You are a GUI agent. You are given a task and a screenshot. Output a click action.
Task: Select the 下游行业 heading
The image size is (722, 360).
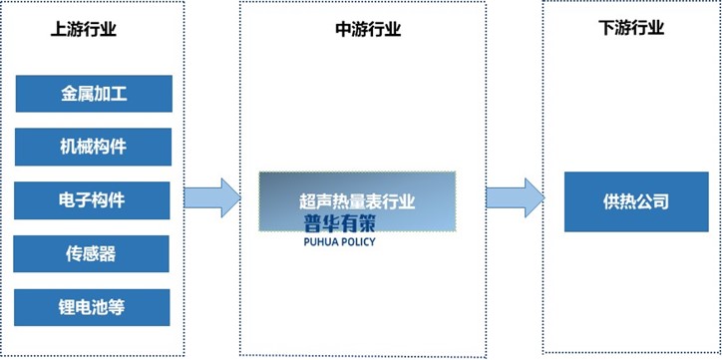click(631, 28)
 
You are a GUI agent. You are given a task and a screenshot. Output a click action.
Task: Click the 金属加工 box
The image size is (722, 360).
click(94, 95)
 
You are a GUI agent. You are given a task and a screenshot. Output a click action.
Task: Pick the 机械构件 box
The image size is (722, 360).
click(94, 148)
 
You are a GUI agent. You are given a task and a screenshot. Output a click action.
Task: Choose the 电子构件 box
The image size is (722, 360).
click(94, 199)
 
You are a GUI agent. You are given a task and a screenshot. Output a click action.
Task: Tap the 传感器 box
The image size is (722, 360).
click(94, 253)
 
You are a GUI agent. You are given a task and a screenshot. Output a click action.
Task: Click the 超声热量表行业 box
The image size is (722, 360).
click(357, 200)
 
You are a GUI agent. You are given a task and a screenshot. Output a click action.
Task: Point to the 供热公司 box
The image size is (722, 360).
click(635, 202)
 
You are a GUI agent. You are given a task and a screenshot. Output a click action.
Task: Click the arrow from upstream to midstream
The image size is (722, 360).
click(213, 196)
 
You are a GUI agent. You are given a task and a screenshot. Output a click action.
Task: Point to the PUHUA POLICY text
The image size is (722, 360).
click(339, 241)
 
